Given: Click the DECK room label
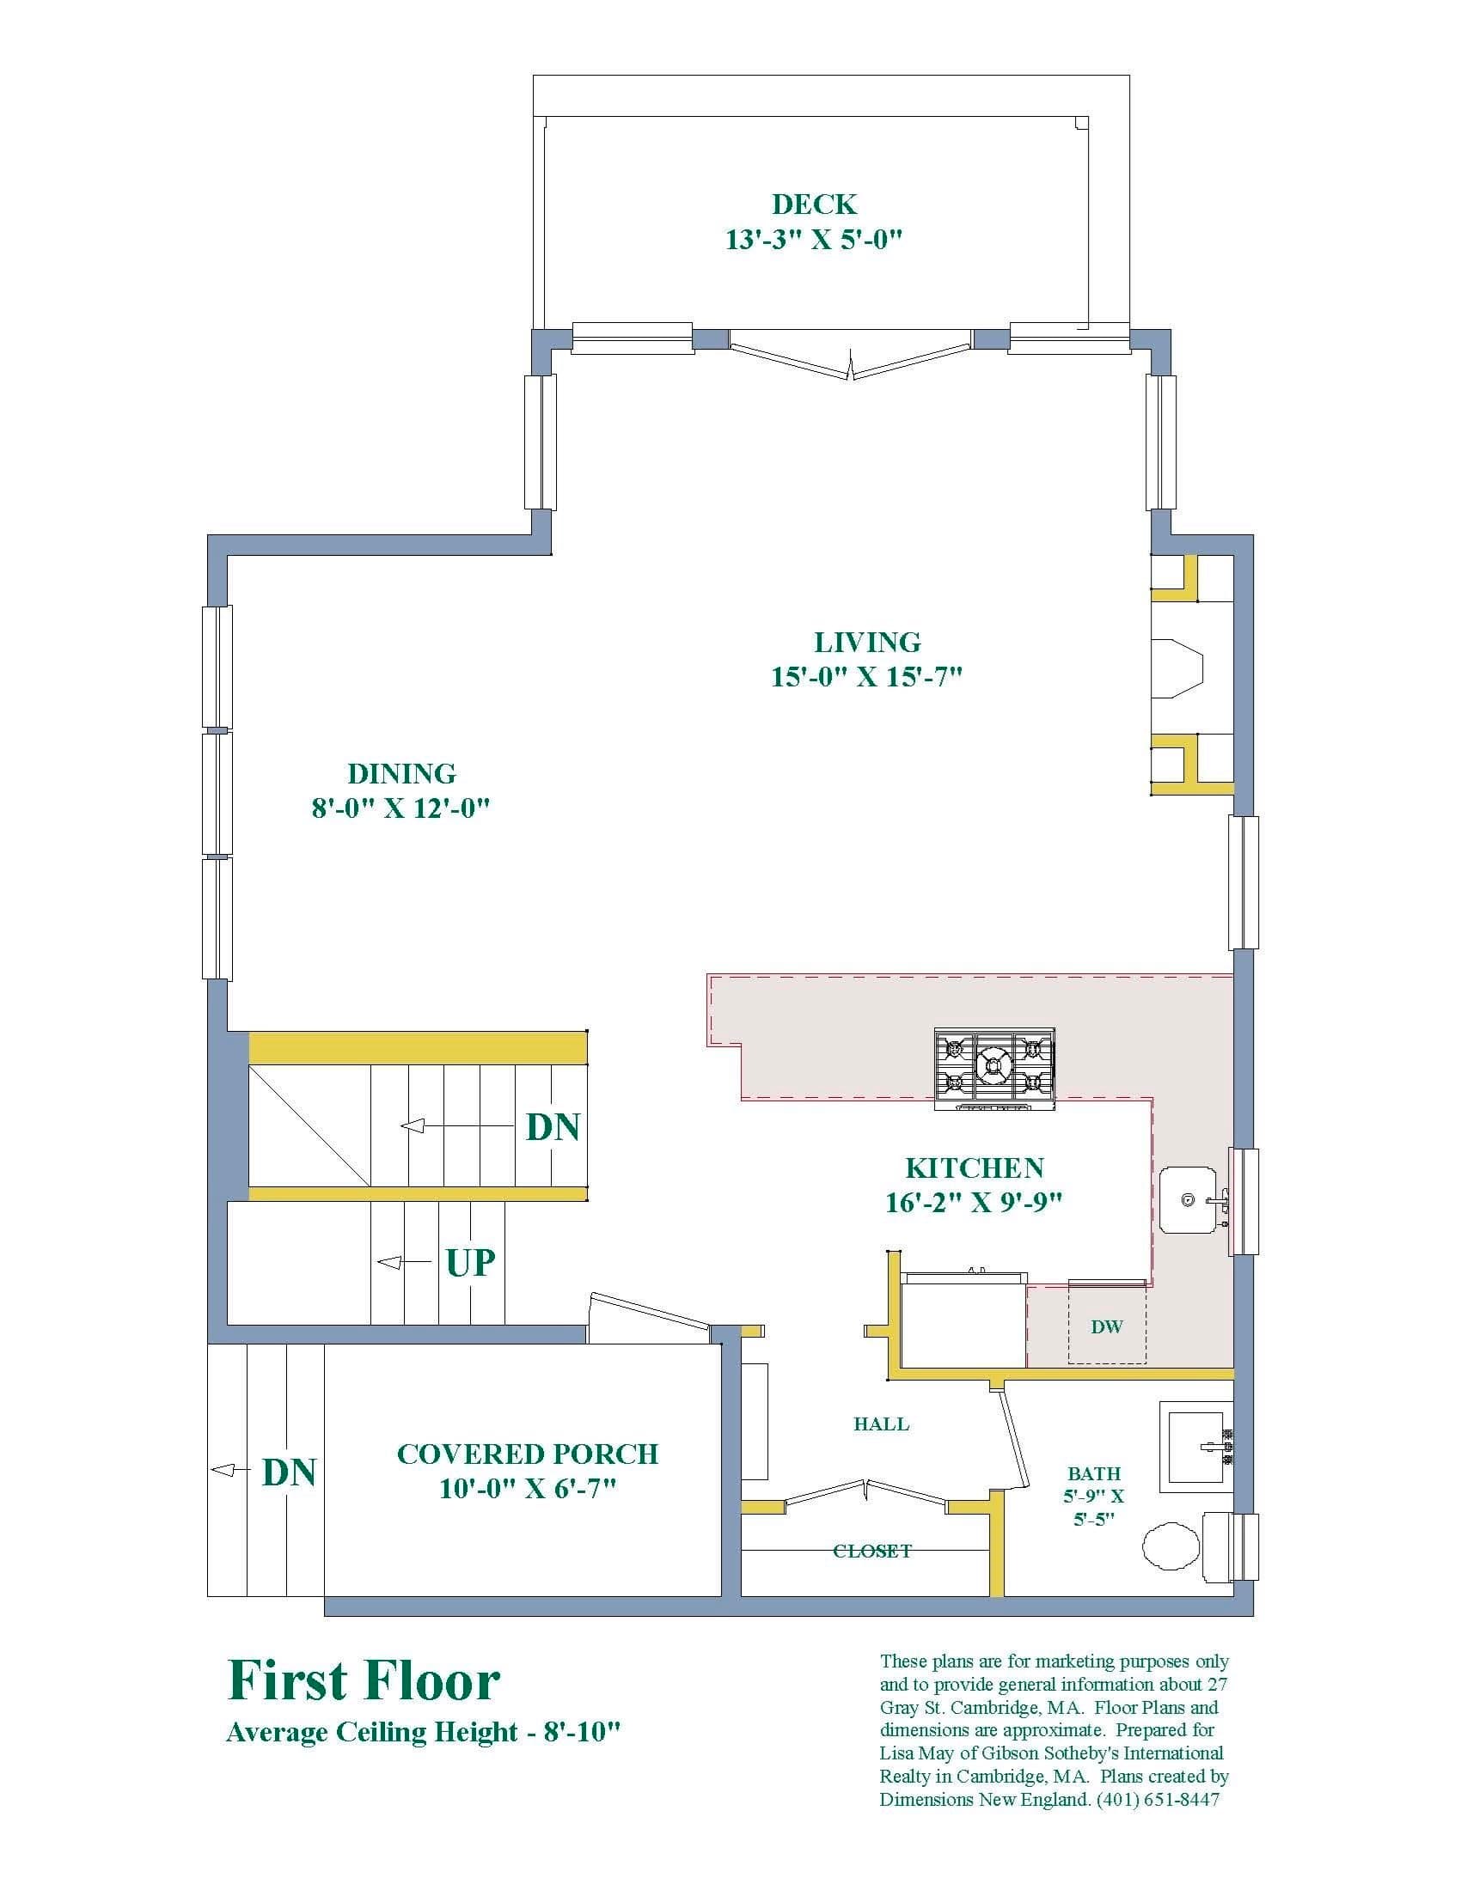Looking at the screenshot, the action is click(814, 204).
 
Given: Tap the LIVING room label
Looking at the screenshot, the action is click(867, 642).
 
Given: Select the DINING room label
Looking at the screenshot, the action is click(401, 773).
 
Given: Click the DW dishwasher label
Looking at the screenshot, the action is click(1107, 1326).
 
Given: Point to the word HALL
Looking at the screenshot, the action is click(881, 1424).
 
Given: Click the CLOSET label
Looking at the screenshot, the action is click(872, 1551).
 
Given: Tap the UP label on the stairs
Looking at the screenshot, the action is click(470, 1263).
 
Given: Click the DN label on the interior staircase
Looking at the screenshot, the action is click(553, 1127).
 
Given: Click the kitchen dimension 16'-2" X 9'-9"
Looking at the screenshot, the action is click(974, 1202).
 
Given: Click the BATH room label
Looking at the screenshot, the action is click(1094, 1472).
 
